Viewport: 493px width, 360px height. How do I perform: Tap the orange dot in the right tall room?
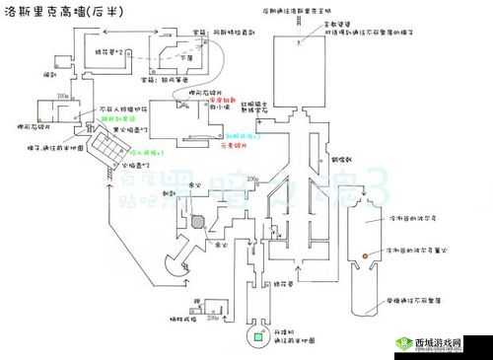[366, 255]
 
